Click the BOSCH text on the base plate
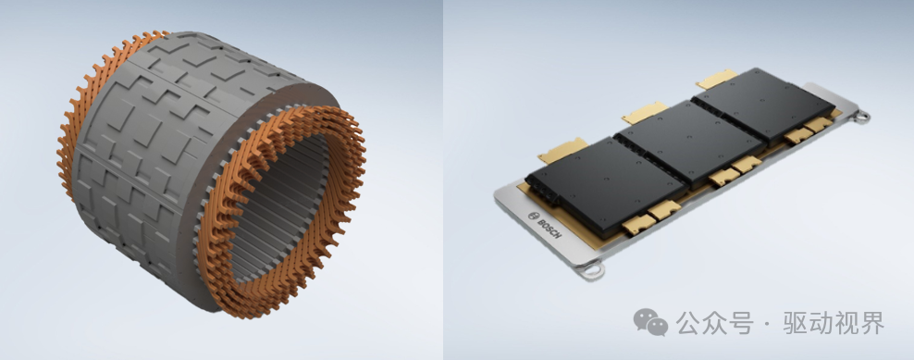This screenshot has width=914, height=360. [x=549, y=227]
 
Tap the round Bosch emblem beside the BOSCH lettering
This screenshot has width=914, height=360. [x=532, y=216]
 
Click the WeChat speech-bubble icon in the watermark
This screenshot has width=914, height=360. [x=650, y=322]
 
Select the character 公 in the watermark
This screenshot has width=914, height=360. [x=688, y=323]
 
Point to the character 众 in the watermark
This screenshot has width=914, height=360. [x=715, y=323]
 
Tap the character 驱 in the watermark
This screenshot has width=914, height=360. [x=795, y=323]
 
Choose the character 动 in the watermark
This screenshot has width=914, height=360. [x=821, y=323]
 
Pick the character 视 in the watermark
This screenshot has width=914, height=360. [x=846, y=323]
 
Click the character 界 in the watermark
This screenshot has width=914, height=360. [x=872, y=323]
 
